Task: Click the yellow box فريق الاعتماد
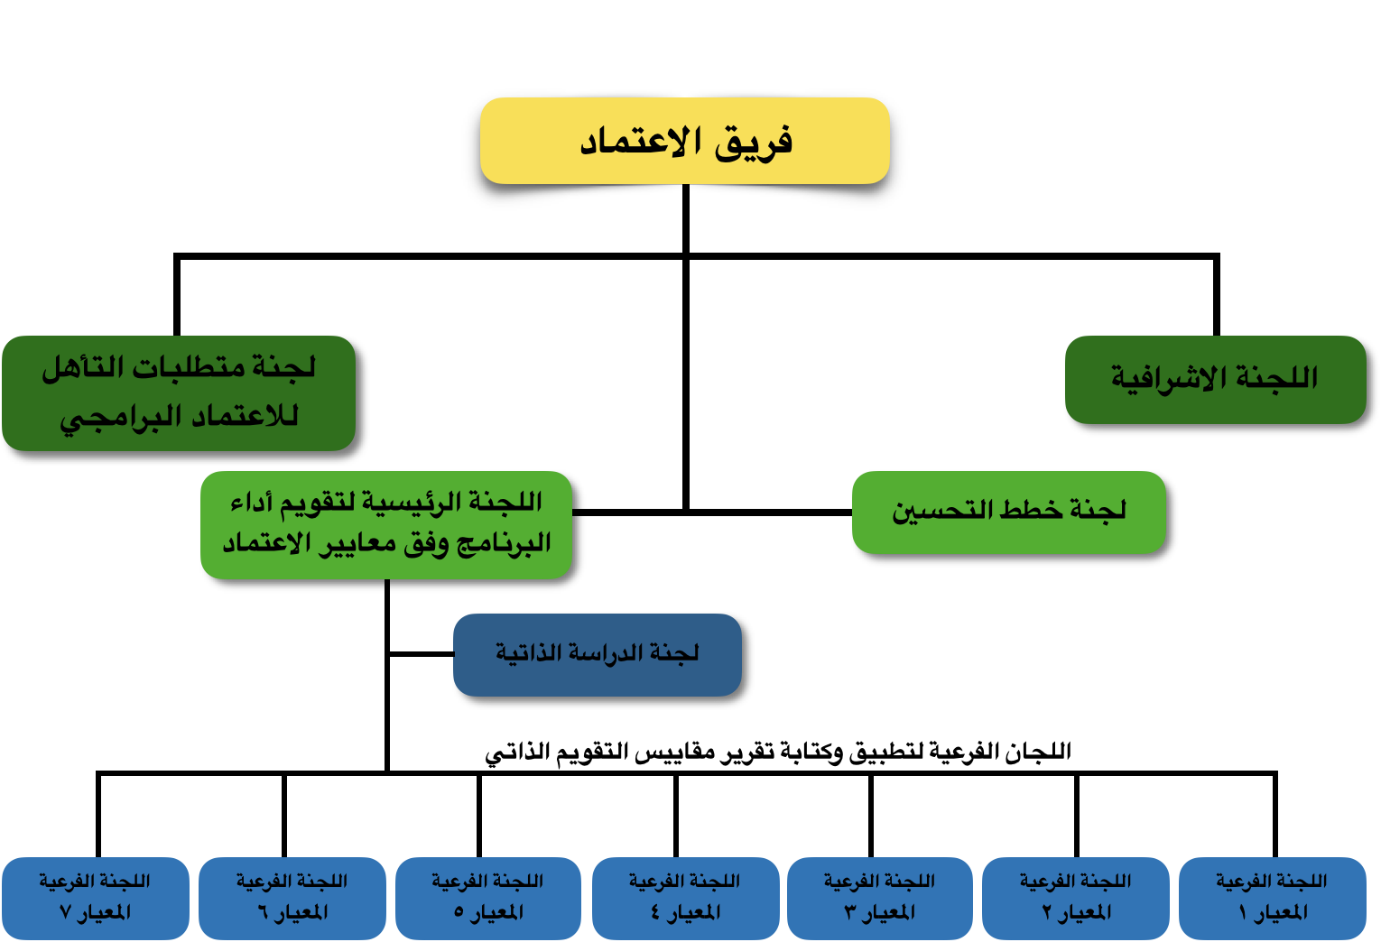[685, 141]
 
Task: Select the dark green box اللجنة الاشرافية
[1216, 379]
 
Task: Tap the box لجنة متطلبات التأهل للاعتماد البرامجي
[179, 392]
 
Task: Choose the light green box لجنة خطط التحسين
[1009, 512]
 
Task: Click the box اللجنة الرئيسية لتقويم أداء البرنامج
[386, 524]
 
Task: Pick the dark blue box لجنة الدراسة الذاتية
[598, 655]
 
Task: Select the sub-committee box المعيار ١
[1273, 898]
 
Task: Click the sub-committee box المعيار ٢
[1076, 898]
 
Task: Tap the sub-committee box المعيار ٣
[880, 898]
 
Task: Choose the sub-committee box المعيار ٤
[686, 898]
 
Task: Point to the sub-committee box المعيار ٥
[488, 898]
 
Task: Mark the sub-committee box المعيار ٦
[292, 898]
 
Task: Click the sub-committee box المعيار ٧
[96, 898]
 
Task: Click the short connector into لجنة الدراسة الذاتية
[422, 654]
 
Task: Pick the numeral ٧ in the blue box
[65, 912]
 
